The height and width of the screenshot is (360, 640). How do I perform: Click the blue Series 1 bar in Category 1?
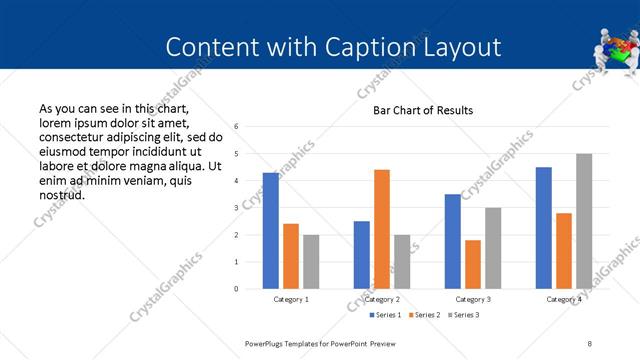pyautogui.click(x=271, y=231)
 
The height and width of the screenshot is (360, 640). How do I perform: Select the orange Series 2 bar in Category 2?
pyautogui.click(x=382, y=229)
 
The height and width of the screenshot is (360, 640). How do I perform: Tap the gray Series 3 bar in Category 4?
pyautogui.click(x=584, y=221)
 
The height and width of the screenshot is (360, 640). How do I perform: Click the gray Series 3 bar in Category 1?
pyautogui.click(x=311, y=262)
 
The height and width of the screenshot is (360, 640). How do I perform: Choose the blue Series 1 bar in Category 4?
pyautogui.click(x=544, y=228)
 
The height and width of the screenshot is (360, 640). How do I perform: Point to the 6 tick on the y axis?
pyautogui.click(x=236, y=127)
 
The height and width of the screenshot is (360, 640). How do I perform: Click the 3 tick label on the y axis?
pyautogui.click(x=236, y=208)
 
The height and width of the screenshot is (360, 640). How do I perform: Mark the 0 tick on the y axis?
pyautogui.click(x=236, y=289)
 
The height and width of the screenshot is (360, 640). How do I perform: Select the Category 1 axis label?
pyautogui.click(x=291, y=299)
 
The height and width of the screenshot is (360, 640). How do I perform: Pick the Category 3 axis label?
pyautogui.click(x=473, y=299)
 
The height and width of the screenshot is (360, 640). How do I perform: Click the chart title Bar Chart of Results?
pyautogui.click(x=423, y=110)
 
